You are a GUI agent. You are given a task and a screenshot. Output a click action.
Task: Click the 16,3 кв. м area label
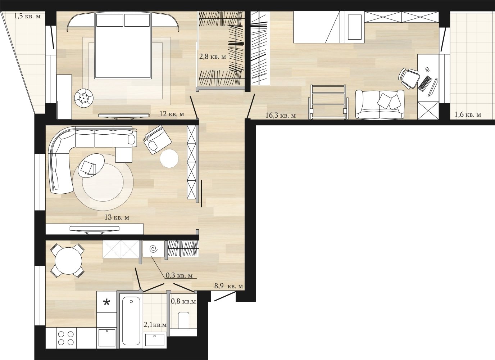click(281, 116)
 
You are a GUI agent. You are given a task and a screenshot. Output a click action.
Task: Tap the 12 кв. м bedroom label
click(172, 114)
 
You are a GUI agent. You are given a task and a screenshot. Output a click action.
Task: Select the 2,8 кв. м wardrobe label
click(213, 57)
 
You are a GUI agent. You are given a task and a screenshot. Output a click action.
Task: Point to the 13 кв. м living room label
click(117, 217)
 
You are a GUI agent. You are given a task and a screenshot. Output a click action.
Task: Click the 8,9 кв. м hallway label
click(229, 286)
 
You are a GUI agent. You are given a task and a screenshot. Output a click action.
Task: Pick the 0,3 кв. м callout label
click(179, 275)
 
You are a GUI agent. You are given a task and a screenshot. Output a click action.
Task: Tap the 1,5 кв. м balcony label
click(27, 16)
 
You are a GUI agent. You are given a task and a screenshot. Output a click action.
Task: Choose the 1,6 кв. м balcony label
click(468, 115)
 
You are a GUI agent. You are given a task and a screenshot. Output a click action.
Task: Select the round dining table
click(68, 261)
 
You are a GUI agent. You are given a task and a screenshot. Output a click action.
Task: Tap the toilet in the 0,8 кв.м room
click(183, 320)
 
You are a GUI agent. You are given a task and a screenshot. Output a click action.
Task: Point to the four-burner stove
click(66, 338)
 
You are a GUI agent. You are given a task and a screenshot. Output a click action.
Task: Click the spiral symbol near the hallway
click(154, 249)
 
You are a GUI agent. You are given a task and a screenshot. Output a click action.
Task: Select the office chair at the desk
click(409, 78)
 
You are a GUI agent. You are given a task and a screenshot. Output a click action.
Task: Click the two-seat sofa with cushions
click(380, 104)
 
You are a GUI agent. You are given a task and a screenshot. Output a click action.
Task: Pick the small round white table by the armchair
click(169, 158)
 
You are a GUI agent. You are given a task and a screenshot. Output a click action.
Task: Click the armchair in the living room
click(157, 140)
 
